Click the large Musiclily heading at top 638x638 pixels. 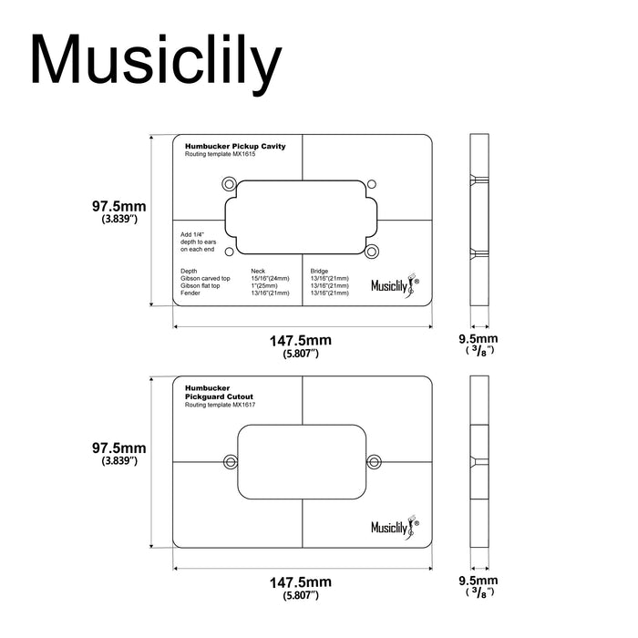click(154, 62)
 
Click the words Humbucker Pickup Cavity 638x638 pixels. click(235, 146)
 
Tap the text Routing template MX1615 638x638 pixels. click(221, 154)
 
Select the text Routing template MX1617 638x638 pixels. click(220, 405)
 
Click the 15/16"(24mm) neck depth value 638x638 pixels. click(270, 278)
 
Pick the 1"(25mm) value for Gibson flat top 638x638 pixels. click(265, 285)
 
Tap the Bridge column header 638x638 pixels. click(320, 271)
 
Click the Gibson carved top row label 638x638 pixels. click(206, 278)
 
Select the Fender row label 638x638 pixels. click(190, 293)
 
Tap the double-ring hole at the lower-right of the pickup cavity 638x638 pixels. click(374, 252)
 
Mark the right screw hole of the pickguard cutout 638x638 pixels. click(374, 462)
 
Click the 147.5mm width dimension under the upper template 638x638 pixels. click(300, 340)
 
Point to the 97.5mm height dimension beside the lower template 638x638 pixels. click(119, 448)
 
